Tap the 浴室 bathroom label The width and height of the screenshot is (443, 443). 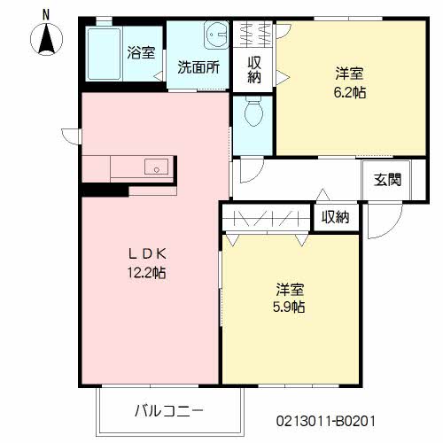pos(140,52)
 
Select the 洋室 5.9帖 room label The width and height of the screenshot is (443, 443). pos(290,298)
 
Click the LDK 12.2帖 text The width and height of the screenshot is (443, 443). pos(146,263)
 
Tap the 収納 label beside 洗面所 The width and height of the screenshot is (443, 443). pos(254,69)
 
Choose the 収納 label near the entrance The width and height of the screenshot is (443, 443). pos(335,217)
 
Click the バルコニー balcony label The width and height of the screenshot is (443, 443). pos(169,410)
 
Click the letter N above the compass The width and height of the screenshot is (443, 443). pos(45,13)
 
